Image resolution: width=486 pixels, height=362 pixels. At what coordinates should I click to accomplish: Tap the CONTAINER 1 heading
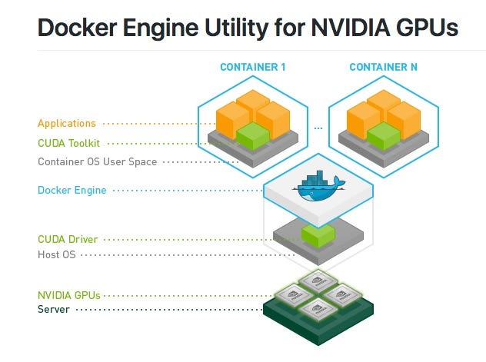click(x=253, y=68)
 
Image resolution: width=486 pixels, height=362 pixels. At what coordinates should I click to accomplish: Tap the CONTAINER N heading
click(x=383, y=68)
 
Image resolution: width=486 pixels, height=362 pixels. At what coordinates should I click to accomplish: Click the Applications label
click(x=67, y=123)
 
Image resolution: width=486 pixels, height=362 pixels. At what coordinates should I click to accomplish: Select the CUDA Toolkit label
click(x=69, y=143)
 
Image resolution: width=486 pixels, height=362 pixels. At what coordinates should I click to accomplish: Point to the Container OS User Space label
click(x=97, y=161)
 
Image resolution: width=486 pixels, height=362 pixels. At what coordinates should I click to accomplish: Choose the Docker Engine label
click(x=72, y=190)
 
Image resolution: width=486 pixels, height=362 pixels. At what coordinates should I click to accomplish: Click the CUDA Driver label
click(x=68, y=240)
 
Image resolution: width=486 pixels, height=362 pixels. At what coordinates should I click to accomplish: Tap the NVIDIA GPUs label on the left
click(x=69, y=295)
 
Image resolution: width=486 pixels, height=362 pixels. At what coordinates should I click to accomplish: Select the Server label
click(x=54, y=309)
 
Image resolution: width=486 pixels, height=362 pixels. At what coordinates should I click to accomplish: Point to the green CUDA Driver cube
click(x=318, y=235)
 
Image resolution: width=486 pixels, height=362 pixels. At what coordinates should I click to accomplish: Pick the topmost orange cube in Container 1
click(x=253, y=100)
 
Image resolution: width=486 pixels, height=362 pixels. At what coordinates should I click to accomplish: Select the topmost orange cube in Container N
click(x=383, y=100)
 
